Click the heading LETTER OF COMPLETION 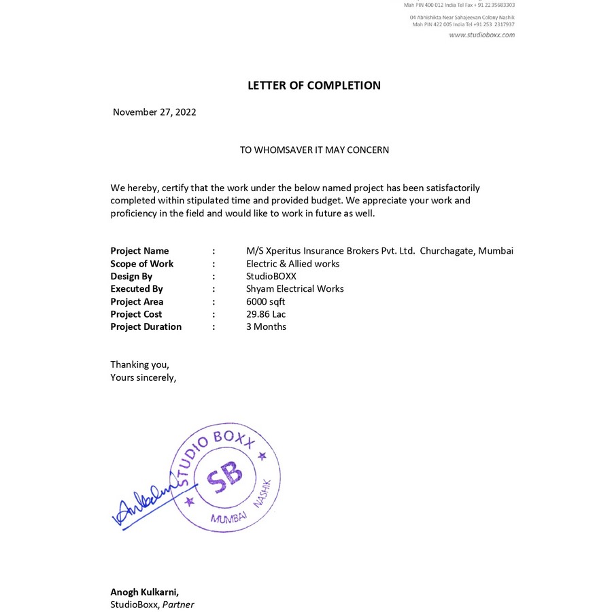[x=313, y=86]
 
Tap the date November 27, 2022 [x=154, y=112]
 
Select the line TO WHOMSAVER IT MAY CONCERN [x=314, y=150]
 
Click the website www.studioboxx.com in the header [x=481, y=35]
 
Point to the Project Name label [x=139, y=251]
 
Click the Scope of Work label [x=141, y=264]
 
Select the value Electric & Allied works [x=292, y=264]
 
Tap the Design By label [x=131, y=276]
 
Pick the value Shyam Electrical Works [x=294, y=289]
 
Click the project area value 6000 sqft [x=265, y=302]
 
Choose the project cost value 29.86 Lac [x=266, y=314]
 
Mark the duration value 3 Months [x=266, y=327]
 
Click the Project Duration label [x=146, y=327]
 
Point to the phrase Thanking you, [x=139, y=364]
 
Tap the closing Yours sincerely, [x=143, y=377]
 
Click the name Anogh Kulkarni [x=144, y=592]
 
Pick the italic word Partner [x=178, y=605]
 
